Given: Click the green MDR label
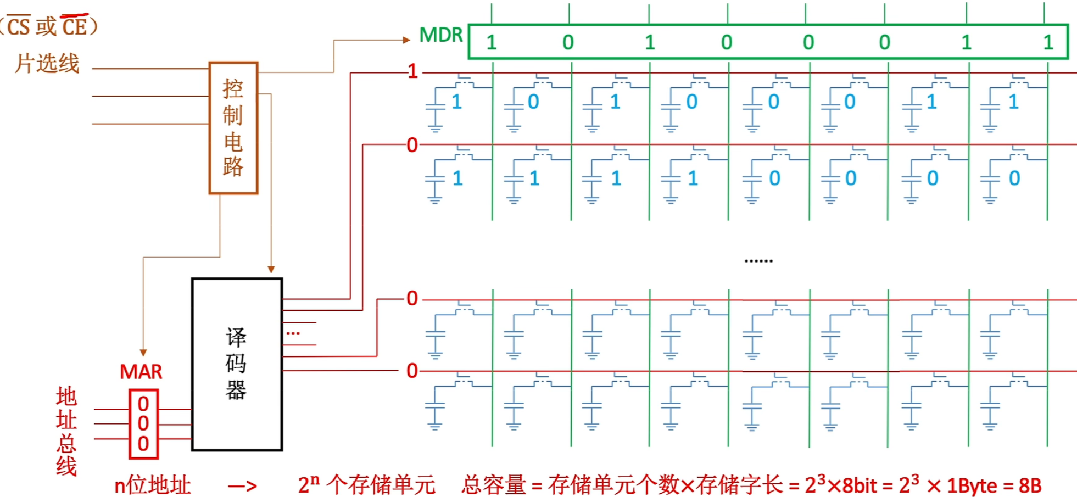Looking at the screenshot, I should point(441,35).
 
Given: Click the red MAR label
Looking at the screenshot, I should point(141,372).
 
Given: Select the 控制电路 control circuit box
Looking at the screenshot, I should point(233,128).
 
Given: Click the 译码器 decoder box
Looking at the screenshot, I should point(237,365).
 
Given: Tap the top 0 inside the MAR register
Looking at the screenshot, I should point(143,404).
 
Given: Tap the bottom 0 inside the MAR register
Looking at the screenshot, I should point(143,444).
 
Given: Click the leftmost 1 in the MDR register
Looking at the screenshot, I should point(491,43).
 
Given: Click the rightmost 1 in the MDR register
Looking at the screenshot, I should point(1048,43).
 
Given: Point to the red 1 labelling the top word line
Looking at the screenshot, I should point(412,71).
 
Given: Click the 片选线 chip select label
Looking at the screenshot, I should point(47,64).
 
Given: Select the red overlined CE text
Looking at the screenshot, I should point(74,26).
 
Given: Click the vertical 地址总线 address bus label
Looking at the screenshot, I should point(66,431).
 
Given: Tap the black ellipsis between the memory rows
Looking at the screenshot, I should point(758,260).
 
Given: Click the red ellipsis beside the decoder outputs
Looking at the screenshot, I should point(293,333).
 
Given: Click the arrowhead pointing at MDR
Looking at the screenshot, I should point(406,40).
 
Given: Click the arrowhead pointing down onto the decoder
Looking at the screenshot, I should point(271,270).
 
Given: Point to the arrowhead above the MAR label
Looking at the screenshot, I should point(143,353).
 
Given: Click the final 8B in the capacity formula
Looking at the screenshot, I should point(1030,485).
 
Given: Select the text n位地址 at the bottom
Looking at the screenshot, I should point(152,485).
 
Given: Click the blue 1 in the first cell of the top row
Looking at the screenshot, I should point(456,102).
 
